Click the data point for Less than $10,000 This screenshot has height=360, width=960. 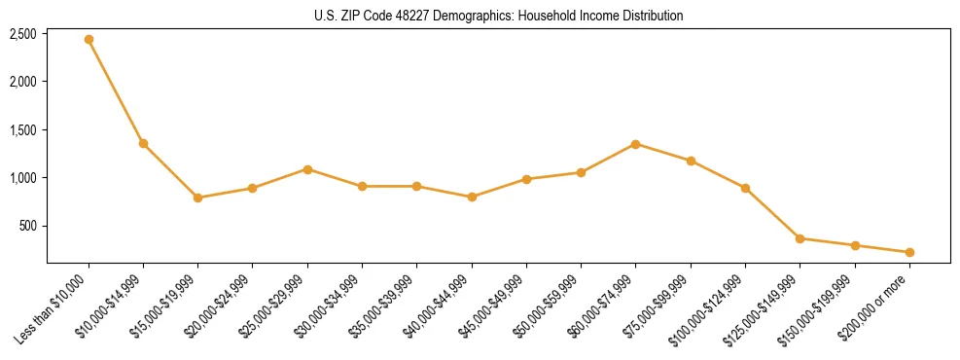click(89, 40)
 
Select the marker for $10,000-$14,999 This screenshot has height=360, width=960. click(143, 144)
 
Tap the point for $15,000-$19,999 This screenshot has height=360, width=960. click(197, 198)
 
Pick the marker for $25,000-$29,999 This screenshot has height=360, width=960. click(307, 169)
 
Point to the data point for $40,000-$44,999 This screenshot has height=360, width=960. click(472, 197)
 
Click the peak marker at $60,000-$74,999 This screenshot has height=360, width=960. click(635, 144)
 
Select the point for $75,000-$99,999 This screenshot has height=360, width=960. click(691, 161)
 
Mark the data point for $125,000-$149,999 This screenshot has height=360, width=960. click(800, 238)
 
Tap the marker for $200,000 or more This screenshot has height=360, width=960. click(909, 252)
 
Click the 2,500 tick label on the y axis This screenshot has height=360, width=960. click(23, 34)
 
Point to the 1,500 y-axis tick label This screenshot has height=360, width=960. click(23, 130)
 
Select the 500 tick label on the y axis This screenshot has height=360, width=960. click(28, 227)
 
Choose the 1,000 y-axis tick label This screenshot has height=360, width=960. click(23, 178)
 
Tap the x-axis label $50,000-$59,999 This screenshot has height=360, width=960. click(545, 310)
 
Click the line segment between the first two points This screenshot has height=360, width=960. click(116, 92)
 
